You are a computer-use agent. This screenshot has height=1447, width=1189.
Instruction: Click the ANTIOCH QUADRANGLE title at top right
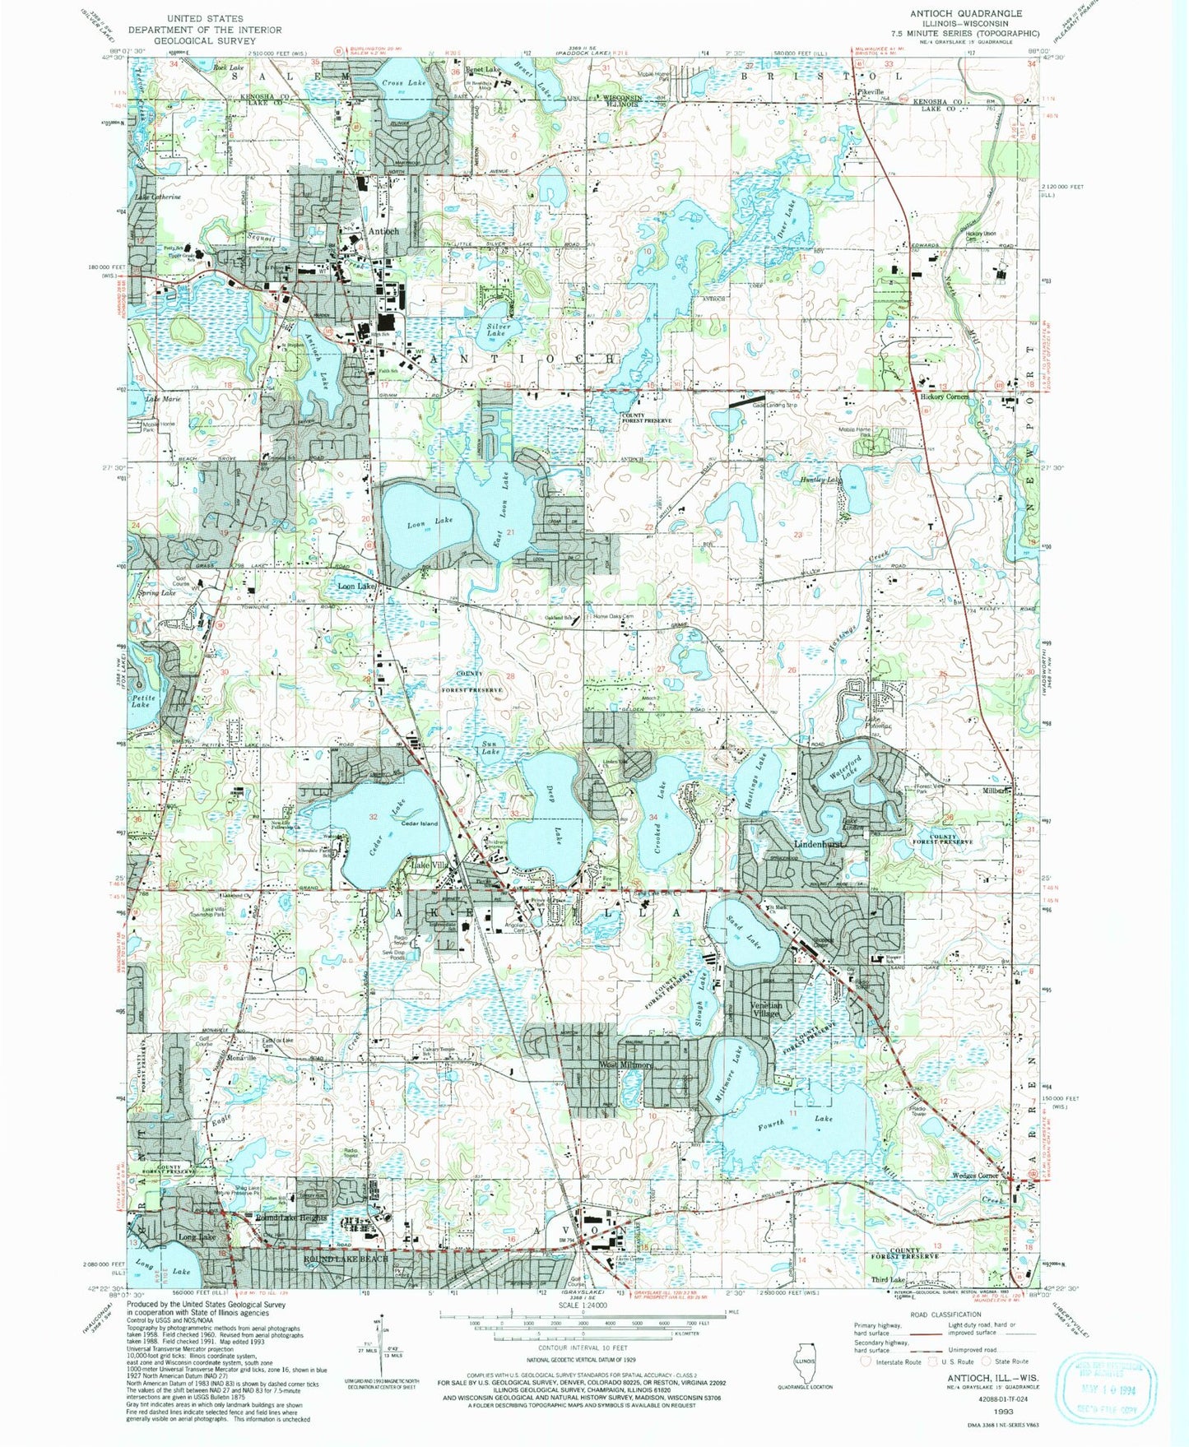(x=965, y=13)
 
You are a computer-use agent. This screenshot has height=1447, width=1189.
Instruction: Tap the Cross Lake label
(x=404, y=83)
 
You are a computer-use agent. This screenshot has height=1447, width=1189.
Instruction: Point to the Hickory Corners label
(x=943, y=397)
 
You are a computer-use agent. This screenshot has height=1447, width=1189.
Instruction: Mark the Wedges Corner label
(x=975, y=1176)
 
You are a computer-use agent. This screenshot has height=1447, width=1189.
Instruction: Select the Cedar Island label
(x=419, y=823)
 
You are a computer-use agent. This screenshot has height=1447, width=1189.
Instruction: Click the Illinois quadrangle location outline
(x=804, y=1372)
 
